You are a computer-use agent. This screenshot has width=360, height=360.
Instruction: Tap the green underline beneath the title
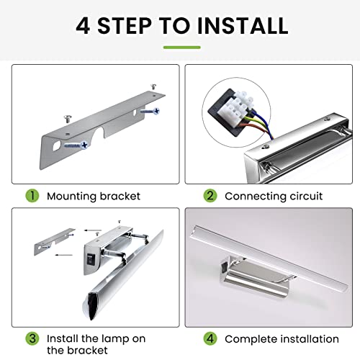click(182, 48)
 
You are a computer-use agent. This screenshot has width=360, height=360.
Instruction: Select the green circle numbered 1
click(32, 196)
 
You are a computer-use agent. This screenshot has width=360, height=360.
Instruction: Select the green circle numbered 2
click(210, 196)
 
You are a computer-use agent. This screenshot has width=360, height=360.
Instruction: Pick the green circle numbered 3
click(32, 338)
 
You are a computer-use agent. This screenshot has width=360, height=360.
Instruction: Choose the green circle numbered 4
click(210, 338)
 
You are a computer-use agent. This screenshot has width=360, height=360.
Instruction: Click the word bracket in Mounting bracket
click(120, 196)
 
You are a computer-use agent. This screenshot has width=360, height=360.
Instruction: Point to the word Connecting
click(256, 197)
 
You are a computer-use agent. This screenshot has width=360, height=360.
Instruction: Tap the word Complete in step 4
click(251, 340)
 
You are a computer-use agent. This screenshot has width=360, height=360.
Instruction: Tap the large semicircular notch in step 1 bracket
click(99, 132)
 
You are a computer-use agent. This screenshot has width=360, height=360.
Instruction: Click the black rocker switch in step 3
click(91, 260)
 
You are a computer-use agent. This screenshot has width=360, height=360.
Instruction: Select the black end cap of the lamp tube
click(93, 305)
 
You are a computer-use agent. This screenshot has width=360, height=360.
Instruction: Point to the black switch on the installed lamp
click(224, 268)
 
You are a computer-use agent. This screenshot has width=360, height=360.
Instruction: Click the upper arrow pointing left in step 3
click(93, 230)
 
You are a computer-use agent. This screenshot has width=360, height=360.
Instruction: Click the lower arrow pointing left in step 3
click(63, 255)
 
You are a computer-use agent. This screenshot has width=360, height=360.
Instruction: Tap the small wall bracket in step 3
click(54, 241)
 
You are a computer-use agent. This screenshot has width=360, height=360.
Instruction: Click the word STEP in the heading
click(125, 25)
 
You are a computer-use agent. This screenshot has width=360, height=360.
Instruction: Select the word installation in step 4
click(310, 339)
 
